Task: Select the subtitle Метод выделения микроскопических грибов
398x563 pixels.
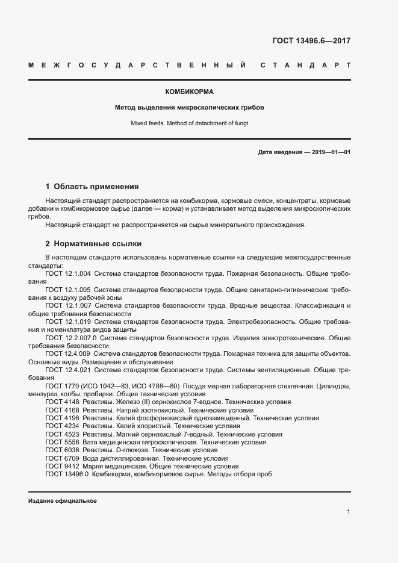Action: pos(190,108)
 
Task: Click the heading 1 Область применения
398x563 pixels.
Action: pos(92,187)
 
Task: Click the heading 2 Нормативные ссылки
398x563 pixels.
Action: pos(93,244)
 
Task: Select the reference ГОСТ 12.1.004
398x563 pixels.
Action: pos(68,273)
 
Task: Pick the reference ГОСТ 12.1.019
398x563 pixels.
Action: pos(68,322)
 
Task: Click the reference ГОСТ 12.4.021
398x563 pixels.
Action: pos(68,370)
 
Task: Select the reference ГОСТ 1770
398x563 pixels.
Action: pos(61,385)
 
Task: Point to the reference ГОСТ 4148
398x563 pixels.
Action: pos(61,402)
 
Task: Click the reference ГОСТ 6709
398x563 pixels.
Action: pos(61,458)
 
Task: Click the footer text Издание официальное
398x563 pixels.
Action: pos(63,501)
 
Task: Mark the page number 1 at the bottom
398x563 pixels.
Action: pos(348,512)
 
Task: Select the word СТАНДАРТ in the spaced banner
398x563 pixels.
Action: pos(306,64)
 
